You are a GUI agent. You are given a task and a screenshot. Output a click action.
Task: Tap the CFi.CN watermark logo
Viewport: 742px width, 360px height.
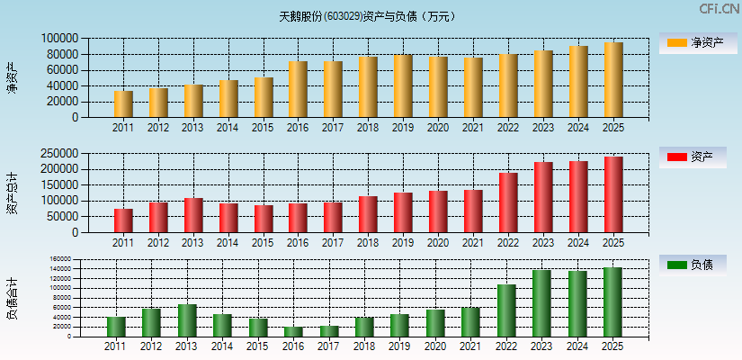719,9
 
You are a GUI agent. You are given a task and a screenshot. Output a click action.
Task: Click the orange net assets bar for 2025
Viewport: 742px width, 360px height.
613,80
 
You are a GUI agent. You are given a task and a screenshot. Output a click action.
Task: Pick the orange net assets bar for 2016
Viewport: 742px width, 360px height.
298,90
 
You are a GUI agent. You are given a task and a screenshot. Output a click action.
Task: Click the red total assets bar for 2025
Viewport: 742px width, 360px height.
613,194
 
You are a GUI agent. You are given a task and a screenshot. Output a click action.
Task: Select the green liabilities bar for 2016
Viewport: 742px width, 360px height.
293,332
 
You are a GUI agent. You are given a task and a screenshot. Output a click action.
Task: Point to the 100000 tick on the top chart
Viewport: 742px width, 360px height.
58,39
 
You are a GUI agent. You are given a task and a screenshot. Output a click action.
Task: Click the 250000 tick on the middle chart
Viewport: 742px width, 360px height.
58,154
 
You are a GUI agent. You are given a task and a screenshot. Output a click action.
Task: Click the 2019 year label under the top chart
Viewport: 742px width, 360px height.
403,128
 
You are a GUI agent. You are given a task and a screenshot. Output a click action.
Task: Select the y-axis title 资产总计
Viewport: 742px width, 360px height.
12,194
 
